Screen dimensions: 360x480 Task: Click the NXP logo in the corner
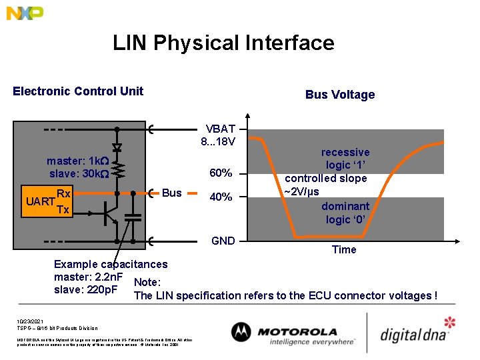tap(25, 13)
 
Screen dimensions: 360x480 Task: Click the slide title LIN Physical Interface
tap(223, 43)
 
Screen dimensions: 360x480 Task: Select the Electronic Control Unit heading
tap(78, 91)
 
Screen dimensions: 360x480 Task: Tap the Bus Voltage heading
tap(340, 95)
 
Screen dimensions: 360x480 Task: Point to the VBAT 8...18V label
tap(220, 135)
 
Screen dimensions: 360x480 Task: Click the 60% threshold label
tap(221, 173)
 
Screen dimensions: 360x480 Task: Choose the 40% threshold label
tap(221, 197)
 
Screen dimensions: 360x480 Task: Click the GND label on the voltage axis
tap(223, 241)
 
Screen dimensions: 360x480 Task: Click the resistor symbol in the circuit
tap(117, 168)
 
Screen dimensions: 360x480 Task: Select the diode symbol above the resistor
tap(117, 146)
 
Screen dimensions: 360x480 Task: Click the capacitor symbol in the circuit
tap(133, 216)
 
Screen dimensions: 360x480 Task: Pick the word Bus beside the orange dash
tap(171, 193)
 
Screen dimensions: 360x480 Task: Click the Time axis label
tap(344, 249)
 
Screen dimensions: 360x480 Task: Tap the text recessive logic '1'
tap(345, 159)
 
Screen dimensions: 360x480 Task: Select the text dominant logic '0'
tap(345, 213)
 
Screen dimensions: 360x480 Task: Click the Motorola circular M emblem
tap(241, 332)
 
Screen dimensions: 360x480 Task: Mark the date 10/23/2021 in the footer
tap(31, 321)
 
